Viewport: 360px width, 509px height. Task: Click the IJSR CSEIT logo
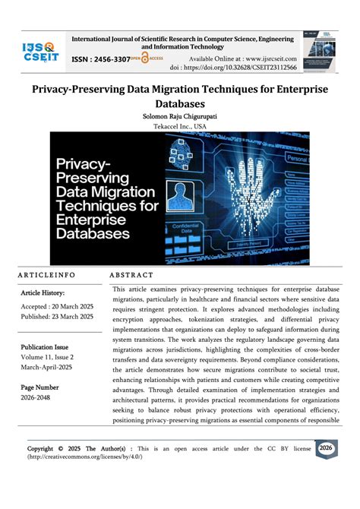point(38,52)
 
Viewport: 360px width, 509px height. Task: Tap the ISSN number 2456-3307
point(101,58)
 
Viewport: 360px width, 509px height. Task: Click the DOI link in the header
point(243,66)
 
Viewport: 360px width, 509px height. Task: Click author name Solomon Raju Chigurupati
point(179,116)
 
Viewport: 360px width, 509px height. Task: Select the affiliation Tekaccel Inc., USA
point(179,126)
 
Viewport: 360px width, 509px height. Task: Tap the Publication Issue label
point(45,346)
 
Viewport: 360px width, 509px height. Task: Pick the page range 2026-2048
point(36,397)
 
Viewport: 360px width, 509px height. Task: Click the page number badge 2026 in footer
point(326,449)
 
